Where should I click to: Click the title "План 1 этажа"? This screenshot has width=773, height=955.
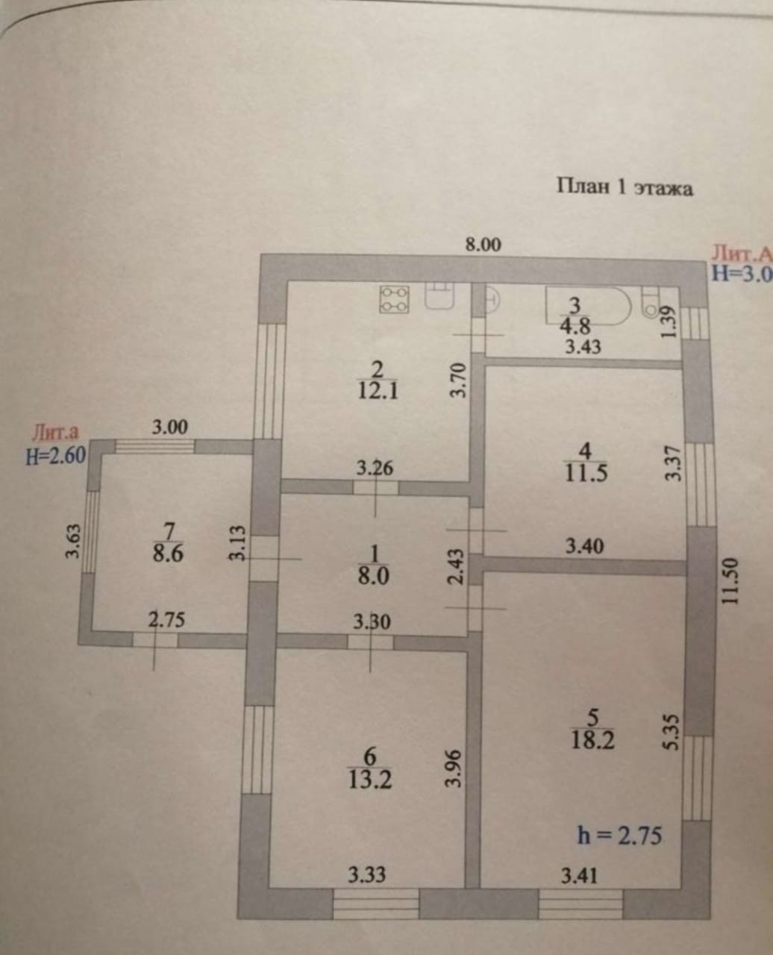pos(625,187)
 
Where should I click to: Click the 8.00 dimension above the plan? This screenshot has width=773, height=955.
pos(483,245)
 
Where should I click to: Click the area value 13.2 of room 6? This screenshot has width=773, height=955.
pos(370,780)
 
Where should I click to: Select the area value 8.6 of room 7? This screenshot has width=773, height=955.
pos(168,554)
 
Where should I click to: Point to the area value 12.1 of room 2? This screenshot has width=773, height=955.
pos(378,390)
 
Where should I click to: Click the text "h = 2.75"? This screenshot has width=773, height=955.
pos(619,835)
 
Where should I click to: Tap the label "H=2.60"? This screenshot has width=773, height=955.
pos(56,454)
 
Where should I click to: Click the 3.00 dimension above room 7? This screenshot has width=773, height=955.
pos(170,428)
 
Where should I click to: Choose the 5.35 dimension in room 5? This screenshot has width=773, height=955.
pos(671,732)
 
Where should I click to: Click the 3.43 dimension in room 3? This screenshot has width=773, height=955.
pos(583,346)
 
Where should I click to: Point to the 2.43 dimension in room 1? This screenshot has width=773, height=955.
pos(457,567)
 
